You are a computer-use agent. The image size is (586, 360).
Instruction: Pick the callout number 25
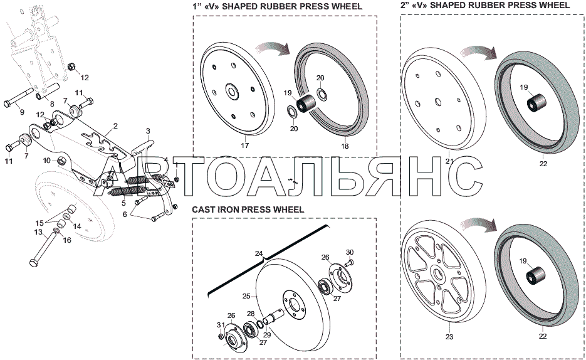[x=246, y=296]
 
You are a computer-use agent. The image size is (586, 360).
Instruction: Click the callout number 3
[x=148, y=130]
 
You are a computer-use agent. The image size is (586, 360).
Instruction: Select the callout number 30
[x=350, y=251]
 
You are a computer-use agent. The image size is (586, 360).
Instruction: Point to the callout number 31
[x=219, y=324]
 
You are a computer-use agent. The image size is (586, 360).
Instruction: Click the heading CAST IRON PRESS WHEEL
[x=248, y=209]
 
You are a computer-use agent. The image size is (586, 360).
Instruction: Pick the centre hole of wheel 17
[x=231, y=92]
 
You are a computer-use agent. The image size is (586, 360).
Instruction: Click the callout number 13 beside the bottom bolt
[x=38, y=231]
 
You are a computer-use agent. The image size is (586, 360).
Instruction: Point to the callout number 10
[x=46, y=161]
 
